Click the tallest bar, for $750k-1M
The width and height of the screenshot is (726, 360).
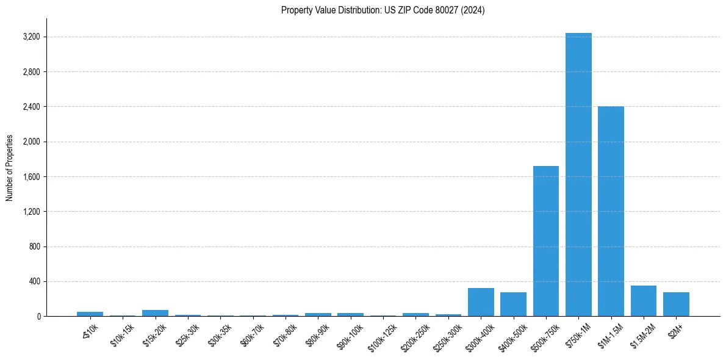point(578,175)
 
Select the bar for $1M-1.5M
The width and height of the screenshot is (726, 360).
point(611,211)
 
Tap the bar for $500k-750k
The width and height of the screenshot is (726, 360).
point(545,241)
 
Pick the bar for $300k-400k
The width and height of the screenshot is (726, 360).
point(481,302)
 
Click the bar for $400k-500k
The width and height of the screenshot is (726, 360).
point(513,304)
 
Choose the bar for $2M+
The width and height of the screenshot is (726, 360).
point(676,304)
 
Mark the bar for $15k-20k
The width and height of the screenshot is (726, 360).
point(155,313)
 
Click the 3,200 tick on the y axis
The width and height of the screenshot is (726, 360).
point(31,37)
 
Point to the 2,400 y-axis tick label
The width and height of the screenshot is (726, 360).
point(31,107)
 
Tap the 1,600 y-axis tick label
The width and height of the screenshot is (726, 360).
point(31,177)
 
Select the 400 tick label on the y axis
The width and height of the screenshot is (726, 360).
point(34,282)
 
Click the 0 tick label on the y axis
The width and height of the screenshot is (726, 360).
point(37,317)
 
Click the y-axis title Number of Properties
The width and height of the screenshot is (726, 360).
point(10,168)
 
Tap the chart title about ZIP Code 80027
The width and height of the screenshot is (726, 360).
point(383,10)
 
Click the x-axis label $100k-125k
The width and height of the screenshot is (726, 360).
point(381,335)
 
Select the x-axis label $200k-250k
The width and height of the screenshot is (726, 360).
point(414,335)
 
